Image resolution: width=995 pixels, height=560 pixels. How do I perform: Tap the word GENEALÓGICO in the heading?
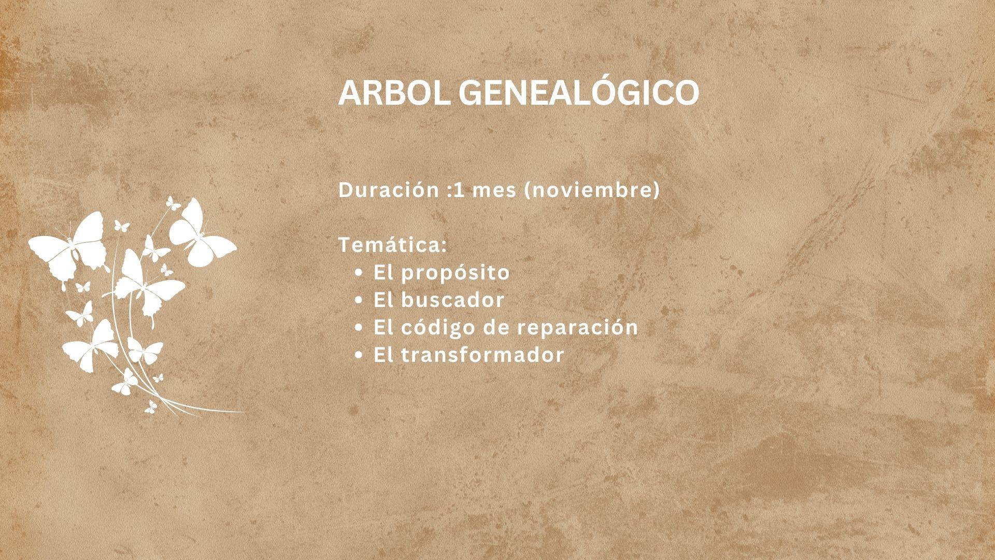click(578, 93)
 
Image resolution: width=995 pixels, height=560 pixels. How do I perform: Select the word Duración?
click(389, 190)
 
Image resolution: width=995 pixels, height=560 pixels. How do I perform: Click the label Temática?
click(392, 245)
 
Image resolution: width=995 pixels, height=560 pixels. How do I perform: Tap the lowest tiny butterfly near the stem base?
click(150, 407)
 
